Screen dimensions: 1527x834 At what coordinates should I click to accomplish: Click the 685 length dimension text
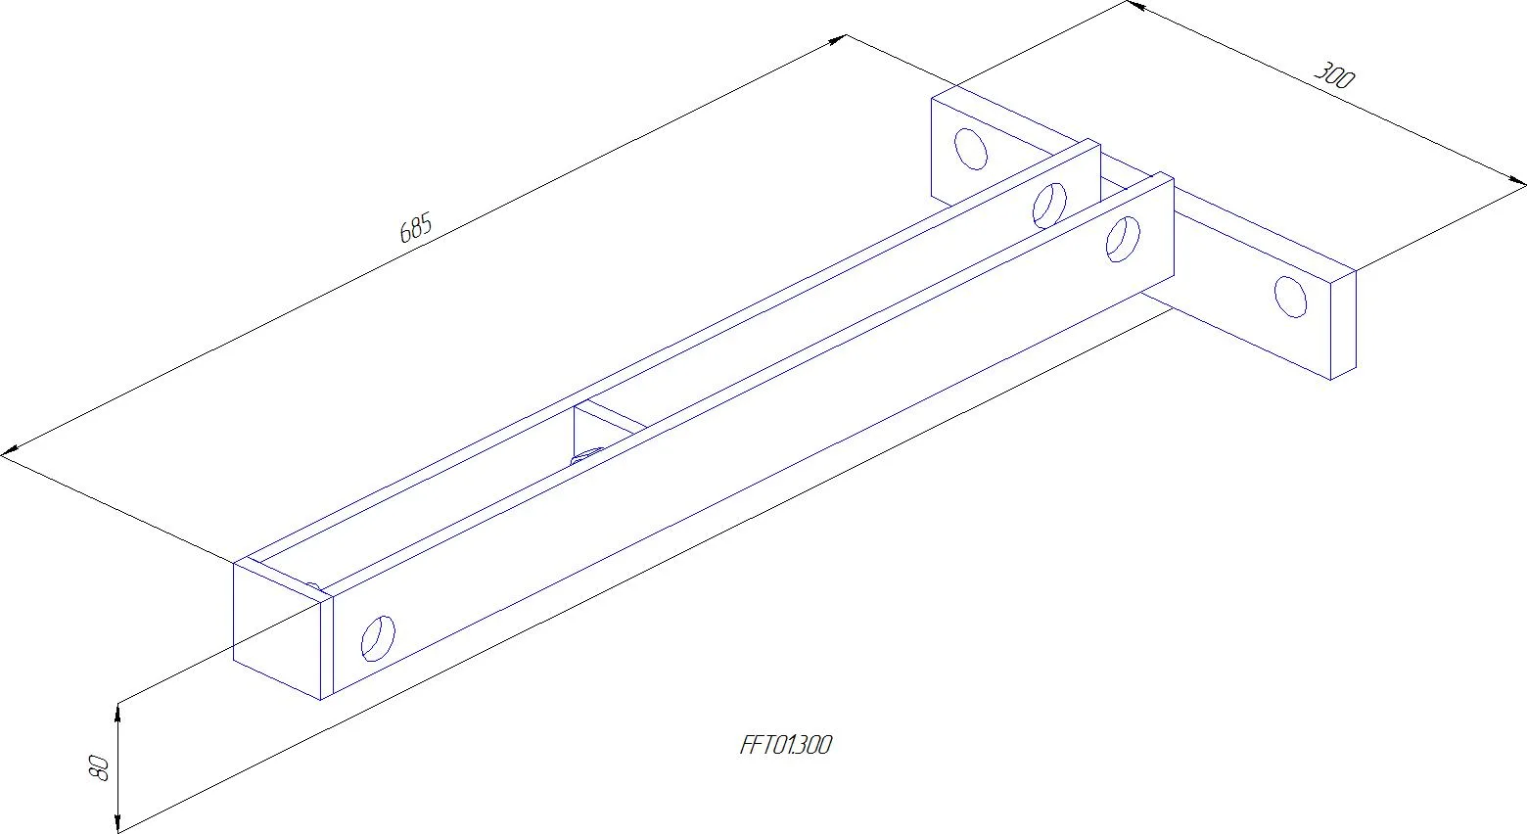tap(415, 228)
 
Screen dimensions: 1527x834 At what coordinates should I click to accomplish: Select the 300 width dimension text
tap(1334, 75)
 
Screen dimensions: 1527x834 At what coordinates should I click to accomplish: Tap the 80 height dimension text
tap(100, 767)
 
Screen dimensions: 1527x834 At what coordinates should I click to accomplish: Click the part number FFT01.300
tap(785, 745)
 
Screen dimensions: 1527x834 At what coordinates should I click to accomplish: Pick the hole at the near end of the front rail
tap(378, 639)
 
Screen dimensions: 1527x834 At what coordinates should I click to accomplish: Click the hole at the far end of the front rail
tap(1123, 240)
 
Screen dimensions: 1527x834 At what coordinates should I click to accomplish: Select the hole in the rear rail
tap(1049, 206)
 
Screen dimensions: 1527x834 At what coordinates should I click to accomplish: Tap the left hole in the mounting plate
tap(971, 149)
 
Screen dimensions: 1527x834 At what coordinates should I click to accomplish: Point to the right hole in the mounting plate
tap(1290, 297)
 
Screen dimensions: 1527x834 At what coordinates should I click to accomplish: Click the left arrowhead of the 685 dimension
tap(10, 450)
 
